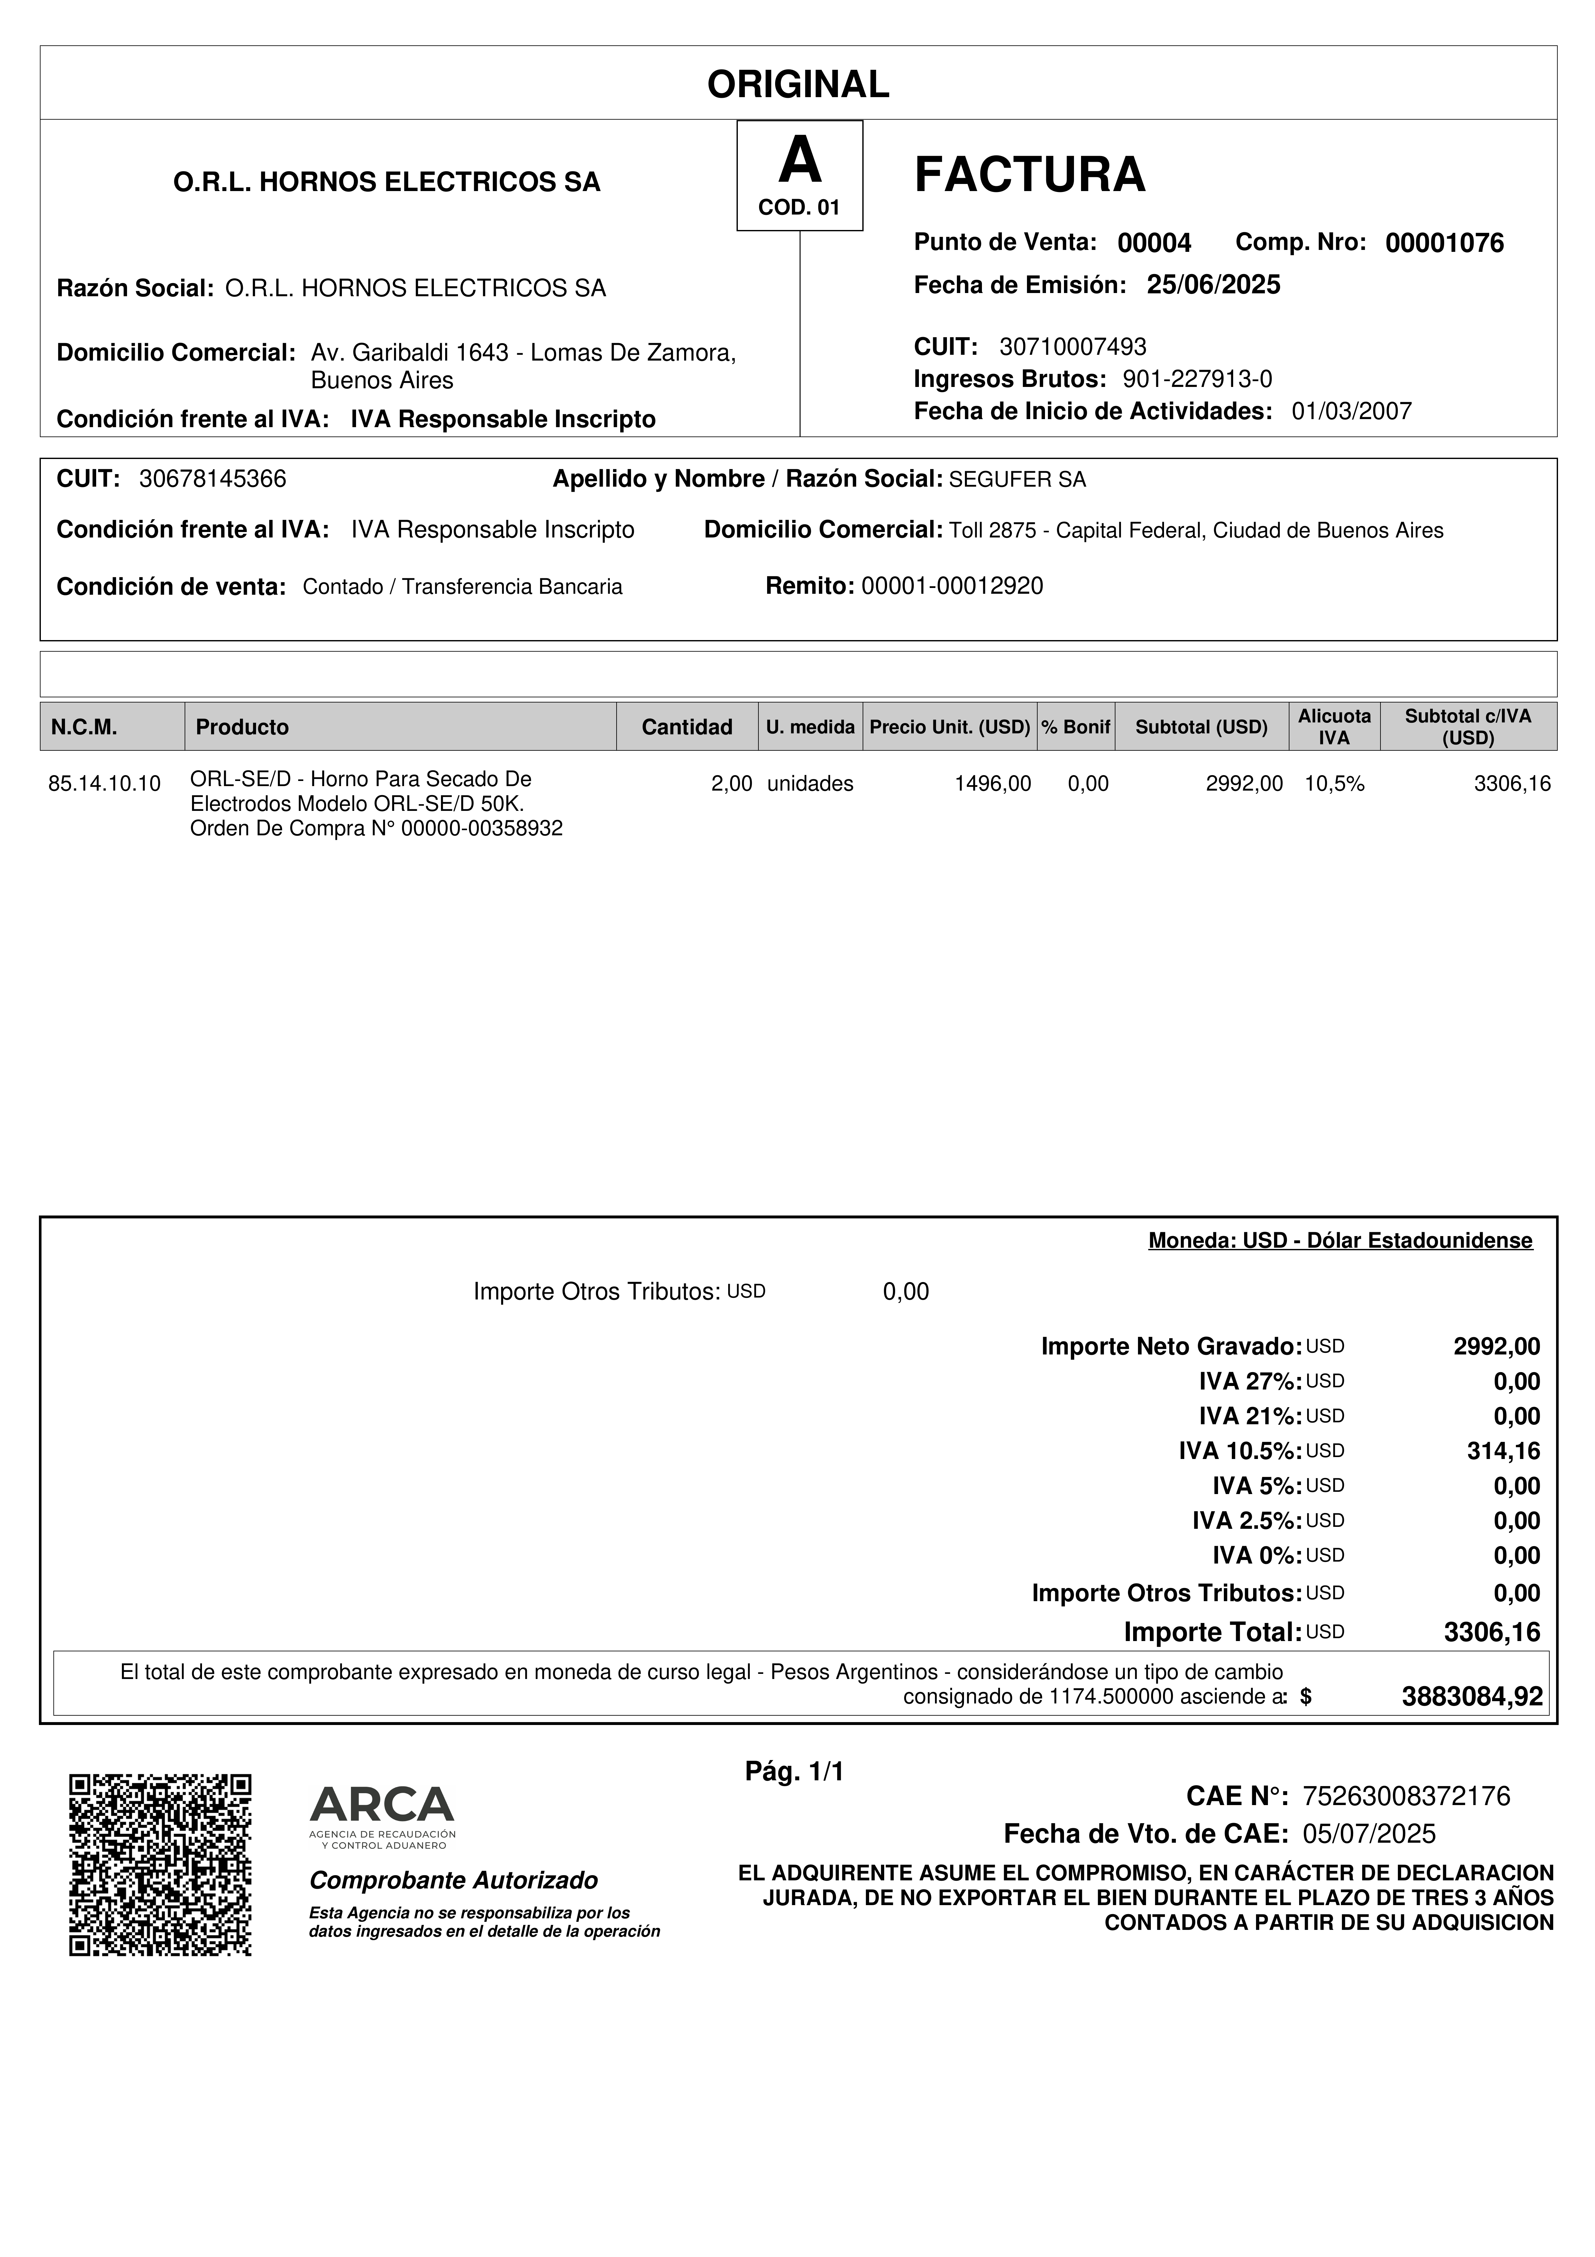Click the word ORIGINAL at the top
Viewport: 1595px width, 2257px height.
pyautogui.click(x=798, y=85)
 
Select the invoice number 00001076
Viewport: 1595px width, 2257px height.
pyautogui.click(x=1444, y=244)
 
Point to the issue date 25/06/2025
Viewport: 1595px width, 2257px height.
pyautogui.click(x=1214, y=285)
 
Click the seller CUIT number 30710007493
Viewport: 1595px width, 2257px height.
pyautogui.click(x=1072, y=347)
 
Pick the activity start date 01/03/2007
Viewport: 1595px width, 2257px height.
pyautogui.click(x=1351, y=412)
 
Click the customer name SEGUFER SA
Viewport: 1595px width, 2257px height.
pyautogui.click(x=1017, y=480)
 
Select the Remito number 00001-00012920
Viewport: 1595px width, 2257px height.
pyautogui.click(x=951, y=587)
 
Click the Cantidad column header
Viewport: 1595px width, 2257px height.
pyautogui.click(x=687, y=728)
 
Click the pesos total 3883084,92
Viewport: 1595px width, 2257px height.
pyautogui.click(x=1471, y=1697)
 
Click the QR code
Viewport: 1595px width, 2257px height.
pyautogui.click(x=160, y=1865)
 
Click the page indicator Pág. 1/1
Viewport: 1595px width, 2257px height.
pyautogui.click(x=794, y=1772)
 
